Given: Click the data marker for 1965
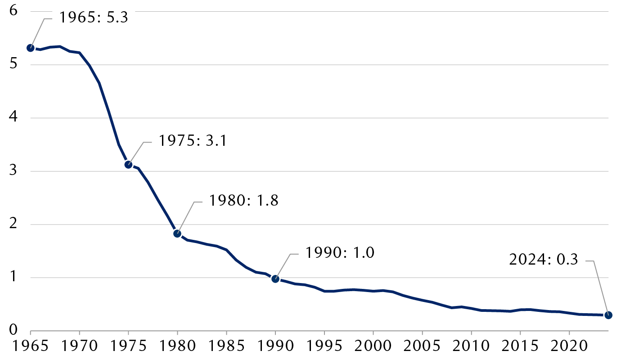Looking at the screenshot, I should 31,48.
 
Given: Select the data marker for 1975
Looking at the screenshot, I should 128,164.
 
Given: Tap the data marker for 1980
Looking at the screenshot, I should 177,234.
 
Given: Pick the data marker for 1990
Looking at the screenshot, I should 275,279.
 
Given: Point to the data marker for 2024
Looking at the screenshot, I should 608,315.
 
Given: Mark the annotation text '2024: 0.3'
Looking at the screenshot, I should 543,260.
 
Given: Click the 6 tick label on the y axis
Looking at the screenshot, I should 13,11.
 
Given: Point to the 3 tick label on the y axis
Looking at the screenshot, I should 13,171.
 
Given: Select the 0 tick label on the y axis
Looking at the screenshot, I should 13,331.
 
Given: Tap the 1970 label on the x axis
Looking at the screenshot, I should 80,347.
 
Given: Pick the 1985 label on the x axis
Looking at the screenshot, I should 226,347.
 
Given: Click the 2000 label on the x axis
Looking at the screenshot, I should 373,347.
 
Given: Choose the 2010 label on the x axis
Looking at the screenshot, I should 471,347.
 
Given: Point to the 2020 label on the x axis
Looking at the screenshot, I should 569,347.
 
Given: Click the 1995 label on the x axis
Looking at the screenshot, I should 324,347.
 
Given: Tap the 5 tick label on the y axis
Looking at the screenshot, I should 13,64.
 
